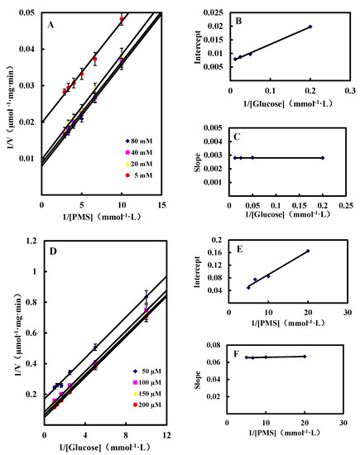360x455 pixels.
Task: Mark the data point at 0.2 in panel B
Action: (x=310, y=26)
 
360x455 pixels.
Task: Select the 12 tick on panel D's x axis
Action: (x=167, y=435)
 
